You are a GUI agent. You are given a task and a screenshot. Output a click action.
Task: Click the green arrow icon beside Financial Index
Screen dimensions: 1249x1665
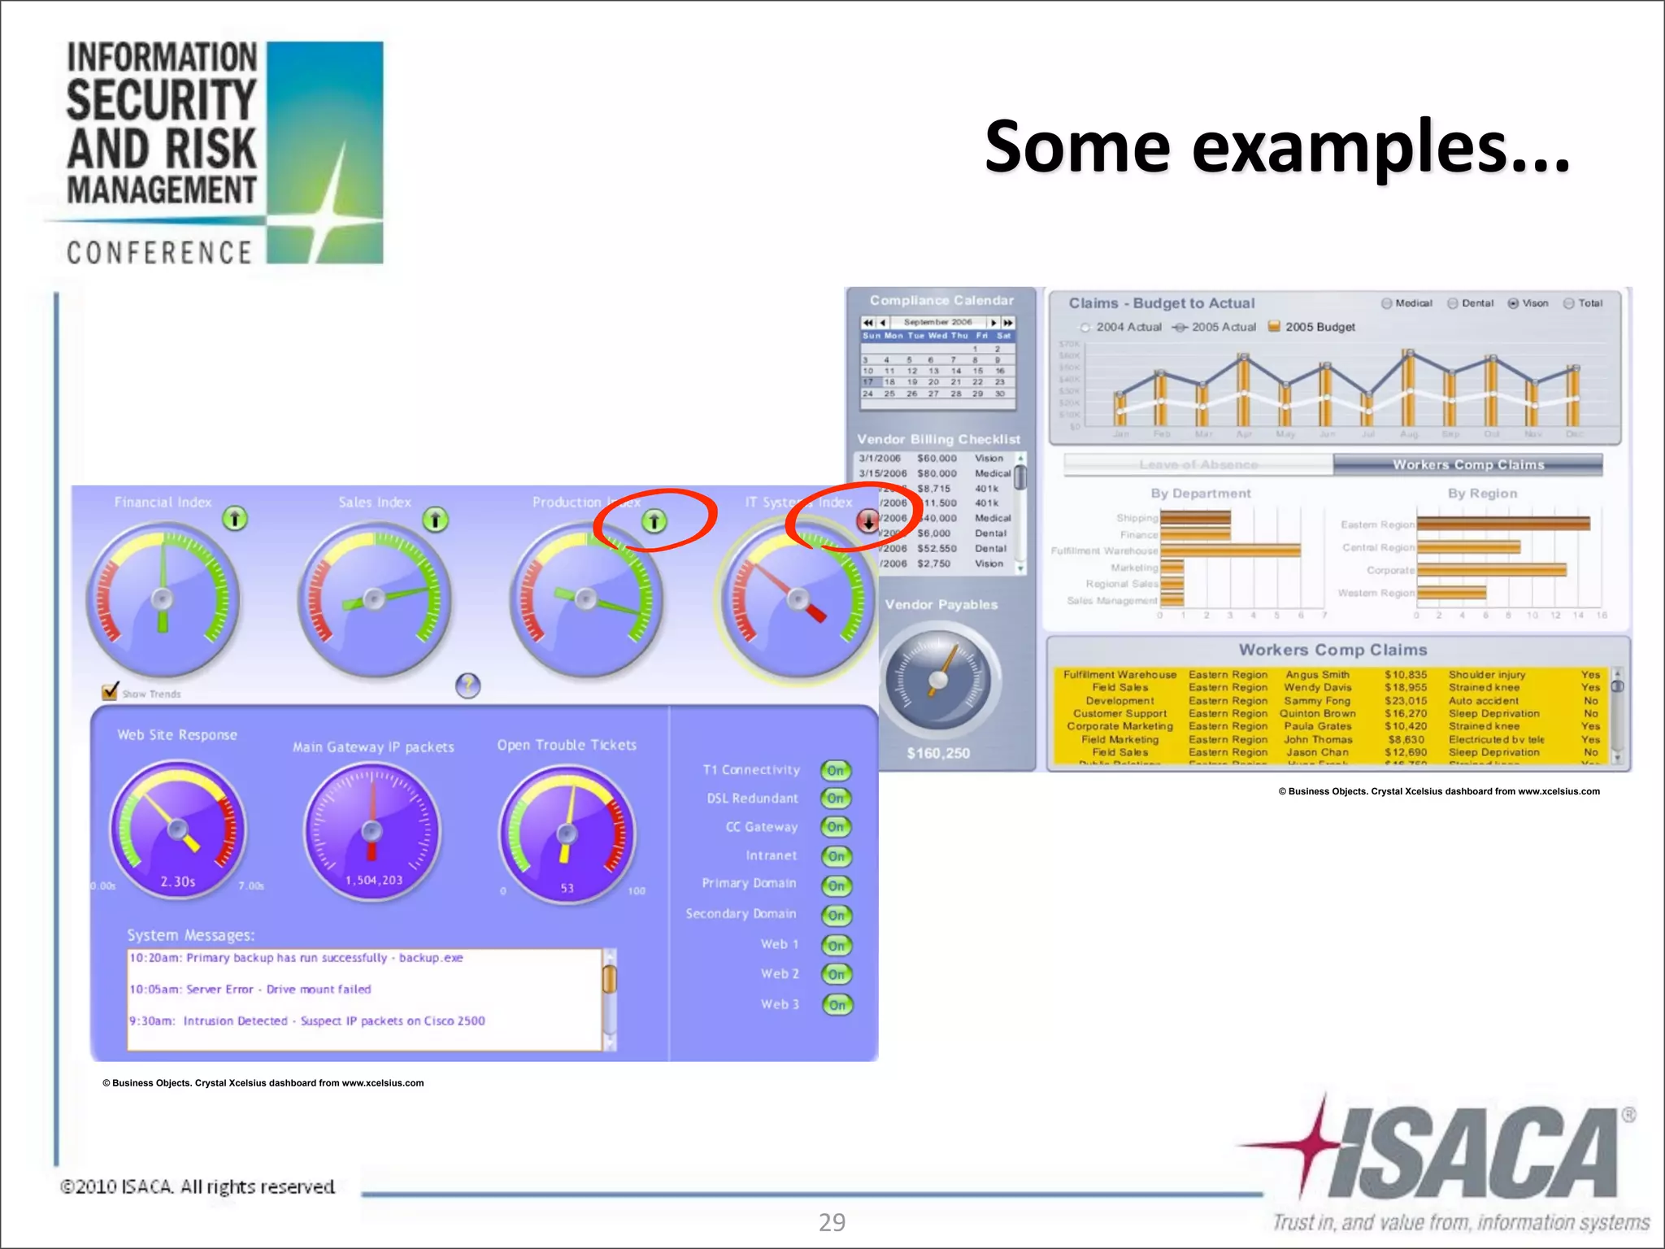click(x=235, y=518)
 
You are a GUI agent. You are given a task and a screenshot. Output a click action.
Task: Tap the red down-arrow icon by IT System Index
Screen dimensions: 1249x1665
click(x=867, y=520)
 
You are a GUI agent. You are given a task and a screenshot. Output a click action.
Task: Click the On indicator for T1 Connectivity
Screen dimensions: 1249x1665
click(x=836, y=770)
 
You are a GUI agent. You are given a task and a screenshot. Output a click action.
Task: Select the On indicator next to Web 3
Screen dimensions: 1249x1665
click(x=837, y=1005)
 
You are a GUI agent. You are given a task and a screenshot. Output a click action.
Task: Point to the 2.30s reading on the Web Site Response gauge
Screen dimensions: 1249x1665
click(x=177, y=881)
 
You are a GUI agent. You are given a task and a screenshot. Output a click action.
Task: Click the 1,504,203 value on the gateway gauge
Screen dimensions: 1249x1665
click(x=373, y=880)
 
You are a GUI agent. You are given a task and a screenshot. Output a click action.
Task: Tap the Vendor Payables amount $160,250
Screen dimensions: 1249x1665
click(x=938, y=753)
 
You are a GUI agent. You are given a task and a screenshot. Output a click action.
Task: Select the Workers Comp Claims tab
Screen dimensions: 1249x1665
click(x=1467, y=464)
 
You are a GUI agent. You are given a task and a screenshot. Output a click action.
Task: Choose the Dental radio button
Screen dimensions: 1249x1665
click(x=1453, y=303)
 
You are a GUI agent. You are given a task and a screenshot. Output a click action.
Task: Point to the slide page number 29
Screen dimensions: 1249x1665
click(x=832, y=1222)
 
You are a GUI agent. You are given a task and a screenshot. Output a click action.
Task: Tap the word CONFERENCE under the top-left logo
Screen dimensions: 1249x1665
click(x=159, y=253)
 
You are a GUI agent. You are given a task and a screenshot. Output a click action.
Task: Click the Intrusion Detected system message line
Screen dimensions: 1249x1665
click(x=307, y=1021)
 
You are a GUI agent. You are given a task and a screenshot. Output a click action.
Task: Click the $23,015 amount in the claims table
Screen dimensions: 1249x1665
click(x=1406, y=700)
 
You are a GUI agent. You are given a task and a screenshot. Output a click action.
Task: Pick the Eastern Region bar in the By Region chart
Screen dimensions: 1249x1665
click(x=1502, y=524)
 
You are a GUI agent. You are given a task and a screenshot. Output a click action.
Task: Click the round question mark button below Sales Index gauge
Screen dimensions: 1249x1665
click(x=467, y=685)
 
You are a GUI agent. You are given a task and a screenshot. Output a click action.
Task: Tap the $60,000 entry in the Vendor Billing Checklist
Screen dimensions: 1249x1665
click(x=937, y=458)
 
